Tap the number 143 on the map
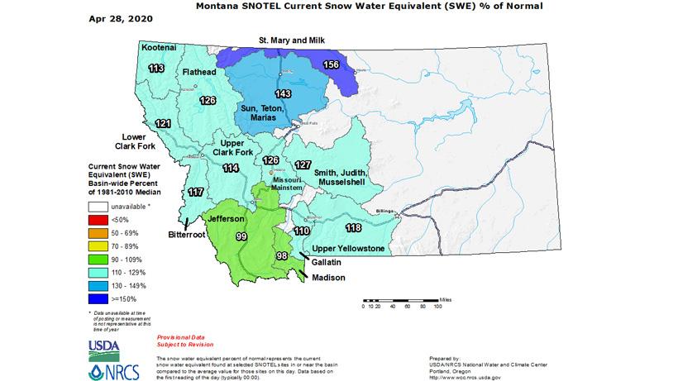[x=283, y=93]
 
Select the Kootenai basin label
[x=158, y=48]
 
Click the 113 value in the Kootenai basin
[x=155, y=69]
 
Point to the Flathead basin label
[x=199, y=73]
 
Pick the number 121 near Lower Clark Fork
[x=164, y=123]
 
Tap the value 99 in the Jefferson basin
[x=241, y=236]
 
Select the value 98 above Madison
[x=282, y=257]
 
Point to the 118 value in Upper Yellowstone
[x=353, y=227]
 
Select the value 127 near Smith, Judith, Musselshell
[x=303, y=164]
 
